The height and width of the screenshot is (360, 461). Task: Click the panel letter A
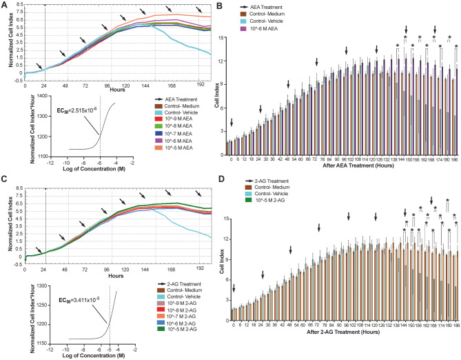(x=5, y=6)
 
